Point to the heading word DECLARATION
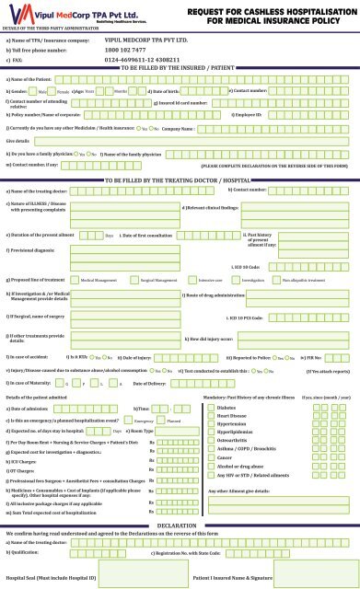(180, 525)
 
